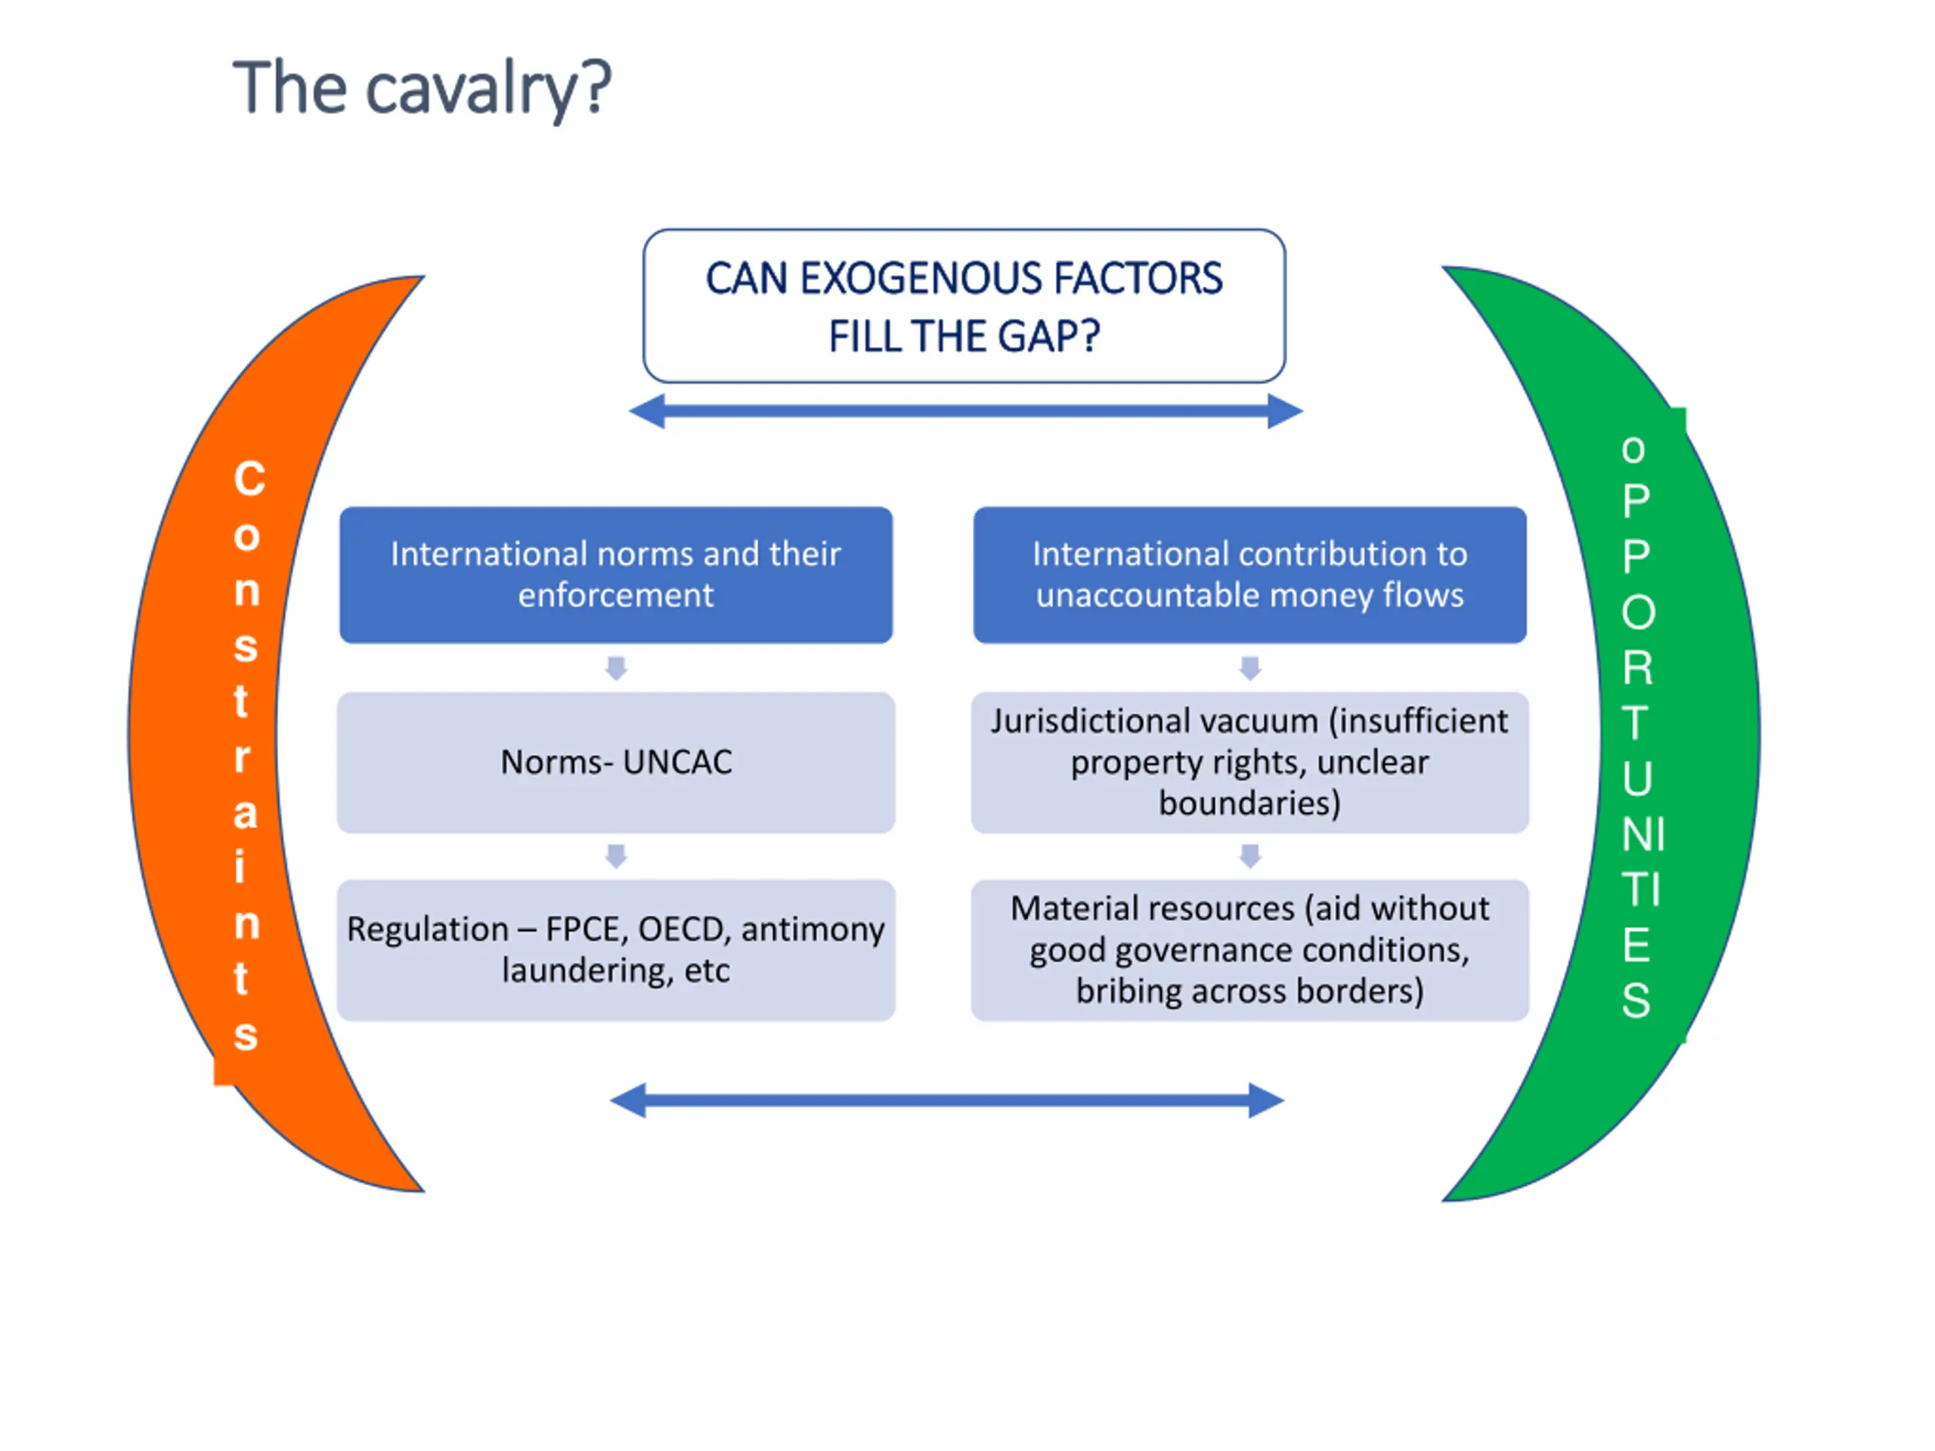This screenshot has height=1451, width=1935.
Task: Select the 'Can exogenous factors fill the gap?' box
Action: click(964, 306)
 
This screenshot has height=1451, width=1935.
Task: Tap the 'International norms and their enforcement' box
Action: click(616, 574)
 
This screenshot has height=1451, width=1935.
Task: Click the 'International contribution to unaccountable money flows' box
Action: click(1249, 574)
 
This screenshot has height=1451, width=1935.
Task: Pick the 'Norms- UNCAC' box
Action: click(616, 763)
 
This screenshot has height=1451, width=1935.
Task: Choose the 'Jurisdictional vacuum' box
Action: click(1249, 763)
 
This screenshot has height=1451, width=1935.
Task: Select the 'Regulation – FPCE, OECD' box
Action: click(616, 950)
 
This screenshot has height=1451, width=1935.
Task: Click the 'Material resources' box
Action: click(1249, 950)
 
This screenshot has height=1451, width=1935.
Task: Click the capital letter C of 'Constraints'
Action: click(249, 479)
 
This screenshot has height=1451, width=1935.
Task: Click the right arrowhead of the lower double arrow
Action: click(1266, 1100)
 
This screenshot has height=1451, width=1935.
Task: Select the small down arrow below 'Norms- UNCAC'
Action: click(616, 856)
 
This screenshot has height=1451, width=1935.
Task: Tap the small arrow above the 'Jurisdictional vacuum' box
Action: click(1250, 668)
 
